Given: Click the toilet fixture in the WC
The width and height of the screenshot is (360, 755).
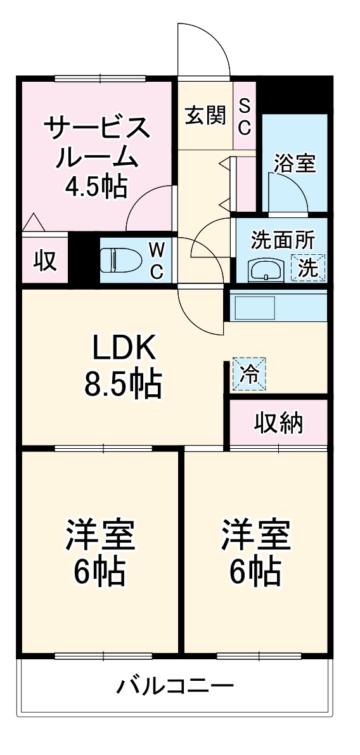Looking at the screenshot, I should click(x=121, y=260).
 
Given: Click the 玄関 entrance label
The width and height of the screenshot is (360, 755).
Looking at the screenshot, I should click(x=205, y=115).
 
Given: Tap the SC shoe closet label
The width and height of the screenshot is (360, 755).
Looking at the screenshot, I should click(x=245, y=116).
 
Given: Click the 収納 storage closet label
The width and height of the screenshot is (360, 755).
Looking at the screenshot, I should click(x=279, y=423).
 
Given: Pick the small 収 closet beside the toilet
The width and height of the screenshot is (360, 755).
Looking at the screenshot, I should click(x=45, y=261).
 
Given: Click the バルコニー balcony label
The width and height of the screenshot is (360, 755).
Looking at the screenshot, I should click(x=176, y=687).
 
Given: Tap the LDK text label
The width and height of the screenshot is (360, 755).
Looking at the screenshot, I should click(x=124, y=347).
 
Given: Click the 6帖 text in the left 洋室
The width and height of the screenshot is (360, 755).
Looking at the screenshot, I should click(x=99, y=571).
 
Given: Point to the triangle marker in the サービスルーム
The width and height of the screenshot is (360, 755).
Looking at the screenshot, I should click(x=33, y=223).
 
